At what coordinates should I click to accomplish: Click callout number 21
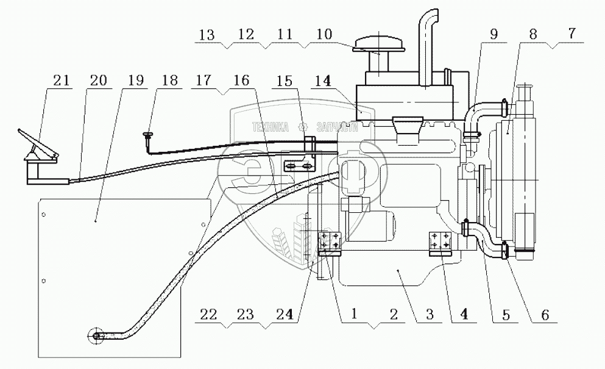[62, 81]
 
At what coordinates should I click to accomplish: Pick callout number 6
[545, 315]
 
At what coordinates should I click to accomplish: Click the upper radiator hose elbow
[481, 113]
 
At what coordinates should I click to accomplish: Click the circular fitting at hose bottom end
[96, 335]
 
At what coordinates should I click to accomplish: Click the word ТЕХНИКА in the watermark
[270, 127]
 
